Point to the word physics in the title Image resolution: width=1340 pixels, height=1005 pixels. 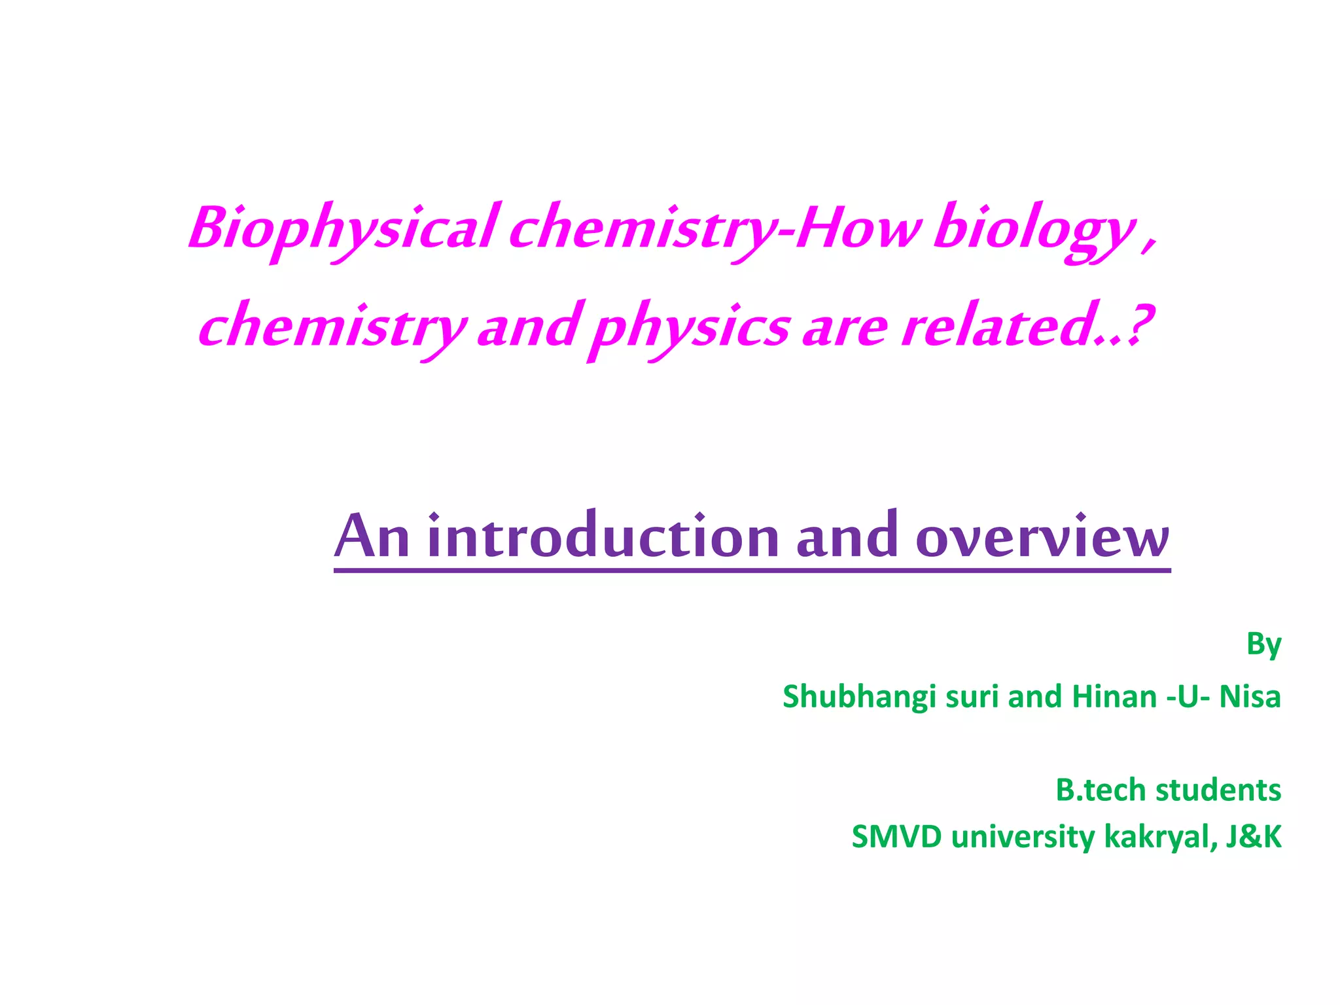click(690, 327)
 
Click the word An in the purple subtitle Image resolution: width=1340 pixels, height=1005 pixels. click(372, 537)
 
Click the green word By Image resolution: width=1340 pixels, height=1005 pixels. click(1263, 644)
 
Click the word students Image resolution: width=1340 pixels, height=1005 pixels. click(1218, 790)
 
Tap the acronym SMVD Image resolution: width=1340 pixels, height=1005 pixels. click(896, 837)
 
